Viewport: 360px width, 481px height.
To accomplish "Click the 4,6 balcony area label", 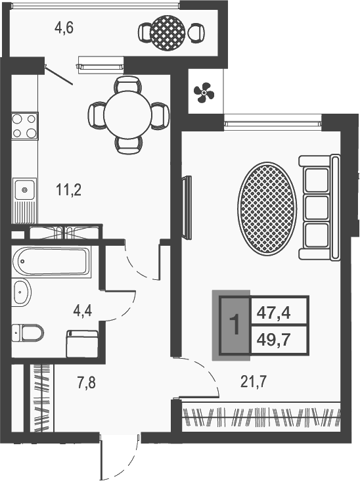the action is [64, 28].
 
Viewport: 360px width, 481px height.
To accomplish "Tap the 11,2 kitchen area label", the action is [69, 190].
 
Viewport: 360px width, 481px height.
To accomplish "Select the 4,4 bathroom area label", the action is [83, 311].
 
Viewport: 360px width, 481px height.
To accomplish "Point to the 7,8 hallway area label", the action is [86, 383].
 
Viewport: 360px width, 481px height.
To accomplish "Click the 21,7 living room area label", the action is [254, 382].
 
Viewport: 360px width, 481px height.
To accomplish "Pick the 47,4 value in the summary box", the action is [273, 313].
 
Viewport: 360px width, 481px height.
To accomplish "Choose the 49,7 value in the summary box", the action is [273, 340].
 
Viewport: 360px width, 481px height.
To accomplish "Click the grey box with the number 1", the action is [235, 325].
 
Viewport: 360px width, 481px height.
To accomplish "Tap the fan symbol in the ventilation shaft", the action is [204, 92].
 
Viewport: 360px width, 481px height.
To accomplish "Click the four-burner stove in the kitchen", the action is [25, 126].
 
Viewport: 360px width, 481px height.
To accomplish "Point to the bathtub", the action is [51, 262].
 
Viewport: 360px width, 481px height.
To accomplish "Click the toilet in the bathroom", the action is [28, 332].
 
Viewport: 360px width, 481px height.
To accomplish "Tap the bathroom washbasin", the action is [22, 292].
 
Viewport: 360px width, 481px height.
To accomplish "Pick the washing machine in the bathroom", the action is [82, 343].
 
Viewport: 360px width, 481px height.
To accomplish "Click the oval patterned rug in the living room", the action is [267, 208].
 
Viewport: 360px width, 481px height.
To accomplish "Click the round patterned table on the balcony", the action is [168, 32].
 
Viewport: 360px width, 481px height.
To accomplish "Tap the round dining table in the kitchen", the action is [128, 114].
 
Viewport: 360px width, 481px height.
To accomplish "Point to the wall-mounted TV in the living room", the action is [187, 208].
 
